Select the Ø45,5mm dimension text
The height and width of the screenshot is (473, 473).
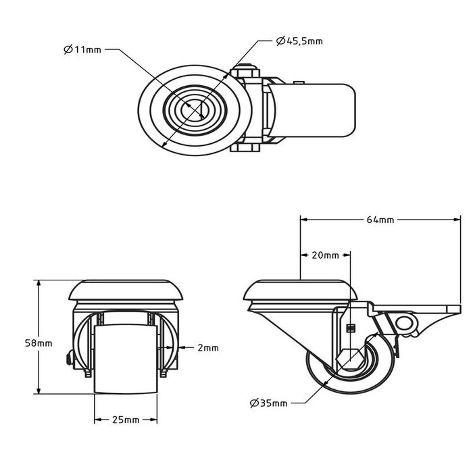click(299, 41)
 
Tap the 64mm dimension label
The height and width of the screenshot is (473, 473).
click(381, 220)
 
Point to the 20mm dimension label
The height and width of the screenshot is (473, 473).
click(325, 255)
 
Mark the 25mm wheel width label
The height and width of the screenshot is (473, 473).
click(125, 420)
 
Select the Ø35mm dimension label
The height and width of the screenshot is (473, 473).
click(268, 403)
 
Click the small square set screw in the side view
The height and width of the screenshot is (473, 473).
click(350, 328)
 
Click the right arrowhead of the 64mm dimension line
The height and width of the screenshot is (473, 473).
click(459, 220)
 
